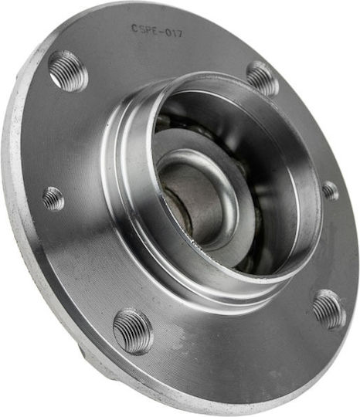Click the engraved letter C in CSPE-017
coord(134,28)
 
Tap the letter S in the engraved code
coord(143,29)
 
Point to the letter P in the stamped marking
coord(149,30)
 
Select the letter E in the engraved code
coord(155,31)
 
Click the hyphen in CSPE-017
coord(161,32)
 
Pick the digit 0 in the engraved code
coord(168,32)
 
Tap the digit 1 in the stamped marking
coord(174,33)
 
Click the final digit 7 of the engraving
coord(179,34)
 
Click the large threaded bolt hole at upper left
coord(68,71)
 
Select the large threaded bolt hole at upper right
coord(263,78)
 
